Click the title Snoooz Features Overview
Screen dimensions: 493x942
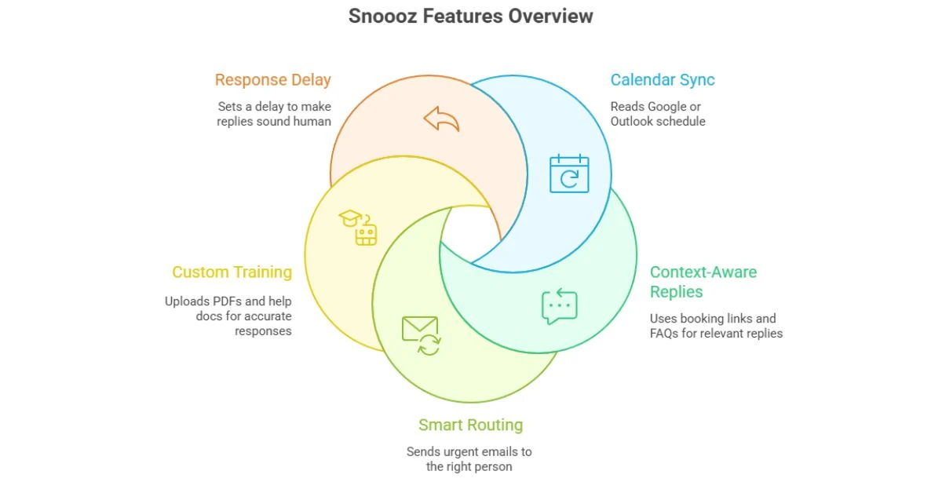(471, 16)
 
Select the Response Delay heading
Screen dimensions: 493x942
(272, 79)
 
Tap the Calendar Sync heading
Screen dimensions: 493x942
(663, 79)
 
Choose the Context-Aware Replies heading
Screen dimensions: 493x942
(703, 282)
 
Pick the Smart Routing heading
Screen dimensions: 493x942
(470, 425)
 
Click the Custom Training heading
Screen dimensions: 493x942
(232, 272)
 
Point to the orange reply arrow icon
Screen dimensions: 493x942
(441, 119)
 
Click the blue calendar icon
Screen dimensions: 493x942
(569, 173)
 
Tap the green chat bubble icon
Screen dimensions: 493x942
(560, 307)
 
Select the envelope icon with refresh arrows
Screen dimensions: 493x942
(422, 334)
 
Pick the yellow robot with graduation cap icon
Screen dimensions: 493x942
(359, 228)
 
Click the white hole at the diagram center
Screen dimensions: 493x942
(469, 233)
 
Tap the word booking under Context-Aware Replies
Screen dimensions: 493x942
(710, 319)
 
